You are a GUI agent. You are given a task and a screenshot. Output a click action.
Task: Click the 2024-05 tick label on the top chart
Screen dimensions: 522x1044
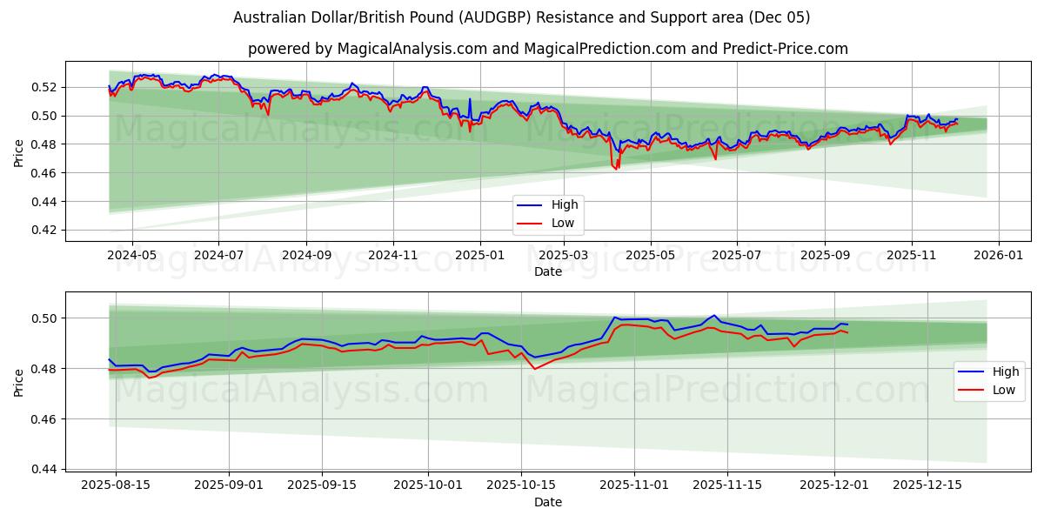[131, 256]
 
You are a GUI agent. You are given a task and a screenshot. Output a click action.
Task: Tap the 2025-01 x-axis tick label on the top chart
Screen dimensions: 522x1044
[480, 256]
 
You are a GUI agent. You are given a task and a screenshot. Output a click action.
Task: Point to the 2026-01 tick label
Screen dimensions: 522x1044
[998, 256]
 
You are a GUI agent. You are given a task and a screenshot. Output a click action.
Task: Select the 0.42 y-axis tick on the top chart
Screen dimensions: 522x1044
[43, 231]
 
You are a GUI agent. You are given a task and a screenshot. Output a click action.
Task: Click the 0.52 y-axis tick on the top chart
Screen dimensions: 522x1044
[43, 87]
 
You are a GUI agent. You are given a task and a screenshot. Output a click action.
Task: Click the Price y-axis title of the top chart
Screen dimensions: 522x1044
[19, 153]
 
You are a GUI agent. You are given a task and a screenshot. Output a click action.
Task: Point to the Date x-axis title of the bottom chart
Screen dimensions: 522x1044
[548, 502]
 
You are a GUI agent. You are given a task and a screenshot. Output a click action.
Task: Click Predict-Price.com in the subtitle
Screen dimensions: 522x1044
[786, 49]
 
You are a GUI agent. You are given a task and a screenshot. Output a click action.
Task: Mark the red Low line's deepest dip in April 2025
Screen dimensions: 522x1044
[616, 168]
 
